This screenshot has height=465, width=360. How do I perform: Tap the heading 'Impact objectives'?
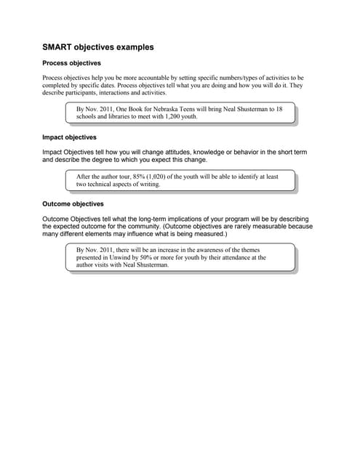(70, 137)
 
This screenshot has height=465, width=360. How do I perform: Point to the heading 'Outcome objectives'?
(73, 204)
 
